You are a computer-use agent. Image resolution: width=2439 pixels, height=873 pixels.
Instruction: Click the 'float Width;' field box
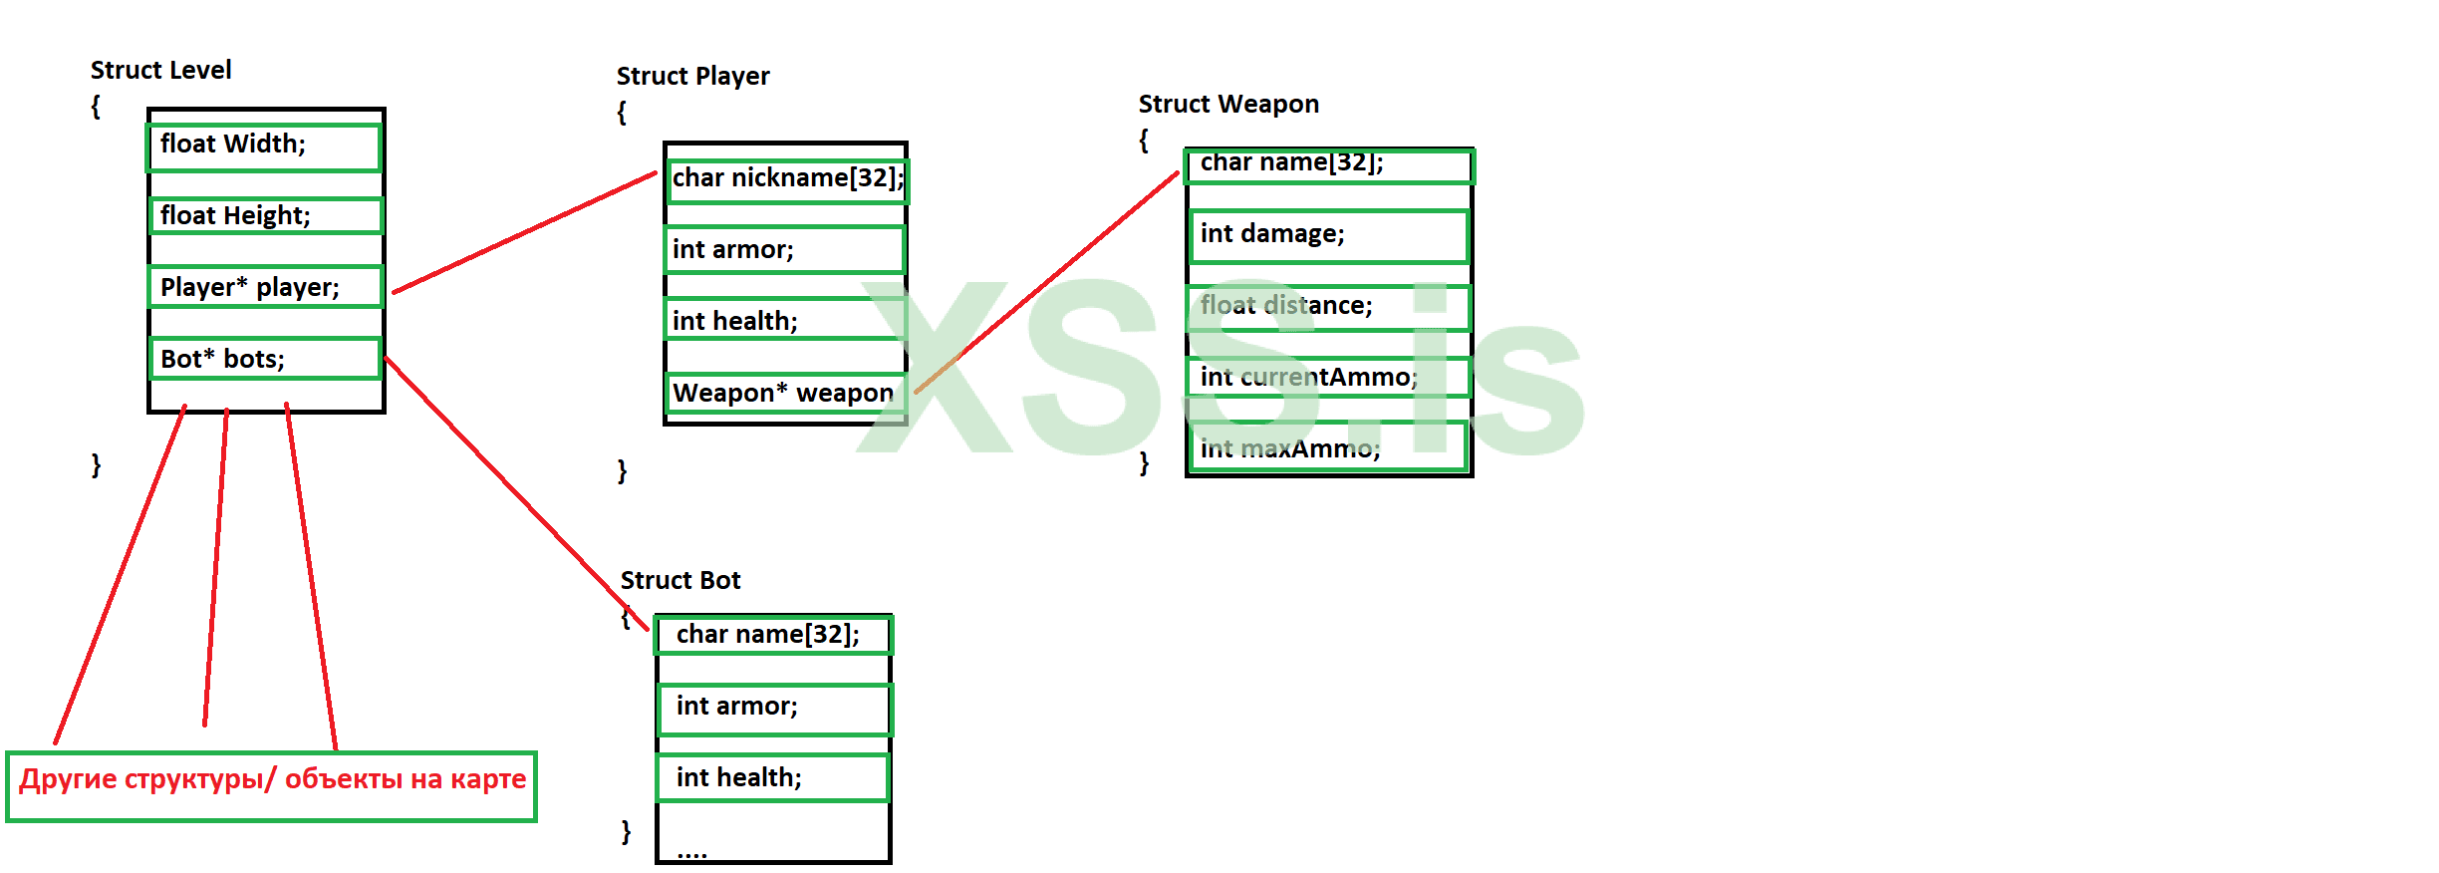(x=264, y=146)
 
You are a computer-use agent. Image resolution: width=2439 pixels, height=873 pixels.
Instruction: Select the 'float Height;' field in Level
(x=265, y=216)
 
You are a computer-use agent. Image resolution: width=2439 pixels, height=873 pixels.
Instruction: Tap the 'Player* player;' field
(x=265, y=287)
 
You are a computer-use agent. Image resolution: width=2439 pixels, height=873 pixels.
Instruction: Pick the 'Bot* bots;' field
(x=265, y=359)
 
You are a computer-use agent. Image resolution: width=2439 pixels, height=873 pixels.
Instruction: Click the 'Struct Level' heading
(x=160, y=70)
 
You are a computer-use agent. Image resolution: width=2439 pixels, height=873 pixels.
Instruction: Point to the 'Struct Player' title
(x=692, y=76)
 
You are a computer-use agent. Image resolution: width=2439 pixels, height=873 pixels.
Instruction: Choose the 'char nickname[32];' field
(x=787, y=180)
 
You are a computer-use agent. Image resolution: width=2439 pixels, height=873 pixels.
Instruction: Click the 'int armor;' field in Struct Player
(x=785, y=249)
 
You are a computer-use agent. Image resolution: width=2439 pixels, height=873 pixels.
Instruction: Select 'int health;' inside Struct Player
(x=785, y=320)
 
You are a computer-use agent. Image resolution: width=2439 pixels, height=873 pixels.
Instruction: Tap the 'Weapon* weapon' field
(x=785, y=393)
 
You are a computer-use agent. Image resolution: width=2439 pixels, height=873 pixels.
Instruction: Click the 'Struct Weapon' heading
(x=1228, y=104)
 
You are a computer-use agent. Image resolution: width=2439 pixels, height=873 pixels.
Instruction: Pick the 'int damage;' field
(x=1328, y=235)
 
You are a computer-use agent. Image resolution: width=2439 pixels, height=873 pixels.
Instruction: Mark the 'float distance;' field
(x=1328, y=307)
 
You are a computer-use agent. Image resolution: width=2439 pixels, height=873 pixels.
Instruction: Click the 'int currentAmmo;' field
(x=1328, y=377)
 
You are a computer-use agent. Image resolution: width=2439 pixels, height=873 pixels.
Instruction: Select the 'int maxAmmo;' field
(x=1328, y=447)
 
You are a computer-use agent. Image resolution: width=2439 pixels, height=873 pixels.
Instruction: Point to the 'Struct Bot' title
(x=680, y=580)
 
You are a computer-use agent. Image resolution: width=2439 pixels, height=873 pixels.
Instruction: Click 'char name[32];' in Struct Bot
(x=773, y=635)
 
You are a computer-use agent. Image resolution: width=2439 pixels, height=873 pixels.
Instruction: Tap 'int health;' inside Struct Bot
(x=773, y=777)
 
